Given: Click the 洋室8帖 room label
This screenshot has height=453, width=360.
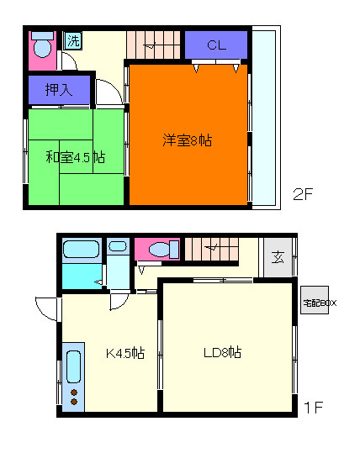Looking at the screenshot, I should coord(187,140).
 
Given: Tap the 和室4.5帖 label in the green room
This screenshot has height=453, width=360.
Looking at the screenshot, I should coord(75,157).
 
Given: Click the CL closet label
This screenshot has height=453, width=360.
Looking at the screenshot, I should coord(216,45).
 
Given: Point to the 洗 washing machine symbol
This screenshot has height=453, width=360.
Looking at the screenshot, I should coord(72,40).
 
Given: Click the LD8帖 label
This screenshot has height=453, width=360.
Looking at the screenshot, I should coord(223,352).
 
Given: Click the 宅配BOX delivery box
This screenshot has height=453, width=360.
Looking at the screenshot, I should coord(319,301).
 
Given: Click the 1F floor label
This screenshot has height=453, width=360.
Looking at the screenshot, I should coord(313,408).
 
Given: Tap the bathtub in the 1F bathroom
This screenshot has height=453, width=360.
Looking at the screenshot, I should coord(82,249).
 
